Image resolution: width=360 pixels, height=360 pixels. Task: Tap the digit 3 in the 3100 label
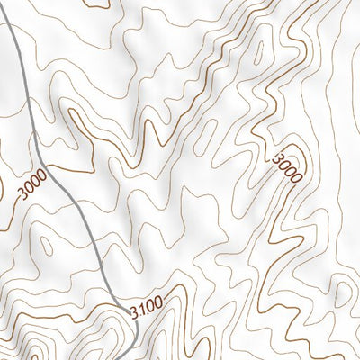(134, 312)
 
